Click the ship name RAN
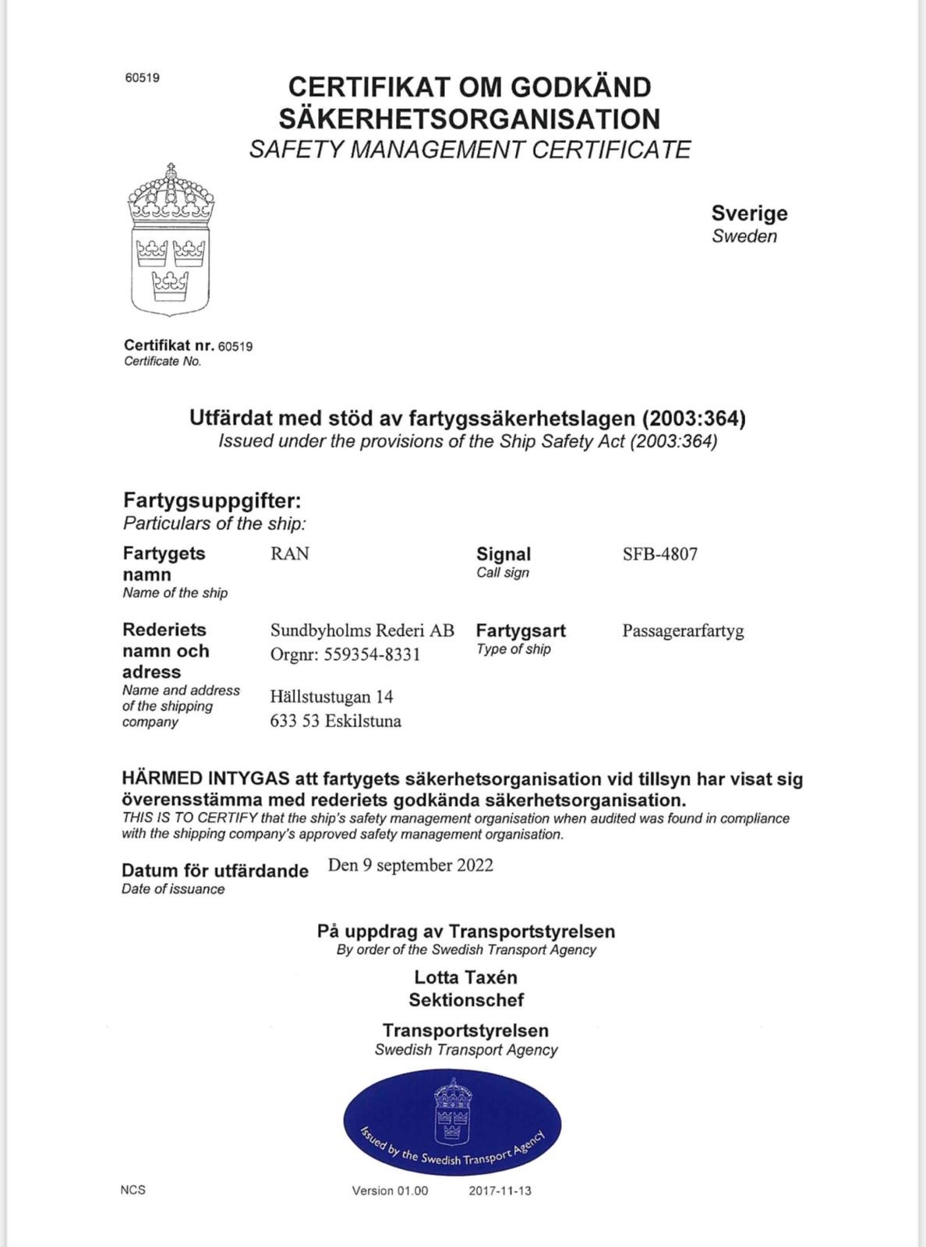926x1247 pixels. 289,554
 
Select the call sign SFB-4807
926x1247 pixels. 659,554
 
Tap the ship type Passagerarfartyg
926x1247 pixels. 683,631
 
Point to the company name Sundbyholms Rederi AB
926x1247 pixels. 362,631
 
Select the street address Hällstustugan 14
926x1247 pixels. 331,696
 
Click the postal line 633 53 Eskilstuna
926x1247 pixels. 335,721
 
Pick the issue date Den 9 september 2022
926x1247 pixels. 410,865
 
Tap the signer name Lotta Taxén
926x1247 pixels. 465,977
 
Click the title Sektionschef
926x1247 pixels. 466,1000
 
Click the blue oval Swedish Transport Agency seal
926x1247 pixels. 452,1122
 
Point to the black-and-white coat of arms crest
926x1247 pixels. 171,239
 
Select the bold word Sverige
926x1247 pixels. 749,214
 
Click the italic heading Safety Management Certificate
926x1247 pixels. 470,150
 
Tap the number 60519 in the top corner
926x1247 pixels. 142,78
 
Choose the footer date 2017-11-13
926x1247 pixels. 500,1191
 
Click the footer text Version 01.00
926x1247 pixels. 390,1191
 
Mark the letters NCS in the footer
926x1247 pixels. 133,1190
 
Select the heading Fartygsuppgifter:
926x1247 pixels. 212,500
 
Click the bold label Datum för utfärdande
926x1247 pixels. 215,871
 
